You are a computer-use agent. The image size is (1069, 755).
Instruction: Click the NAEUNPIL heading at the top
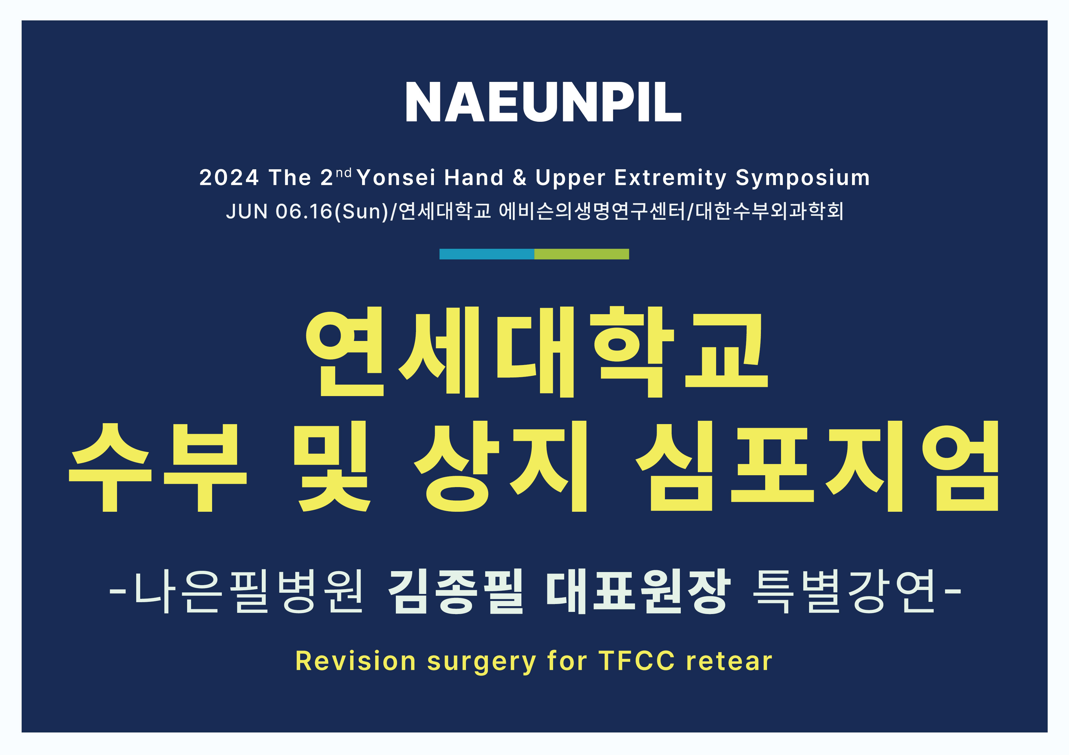(x=543, y=102)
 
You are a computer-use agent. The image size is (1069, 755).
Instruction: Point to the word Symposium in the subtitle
(x=803, y=178)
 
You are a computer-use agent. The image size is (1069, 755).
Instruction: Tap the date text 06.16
(x=304, y=211)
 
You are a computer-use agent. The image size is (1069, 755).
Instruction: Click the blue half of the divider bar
(x=487, y=254)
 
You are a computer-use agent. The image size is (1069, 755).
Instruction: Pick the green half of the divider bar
(x=581, y=254)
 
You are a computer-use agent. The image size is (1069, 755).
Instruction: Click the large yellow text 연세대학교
(x=536, y=352)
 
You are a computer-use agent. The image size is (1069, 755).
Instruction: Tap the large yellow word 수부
(x=157, y=467)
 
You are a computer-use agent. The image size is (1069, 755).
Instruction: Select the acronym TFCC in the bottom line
(x=637, y=661)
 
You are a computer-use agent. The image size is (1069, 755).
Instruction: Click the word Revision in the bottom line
(x=356, y=661)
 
